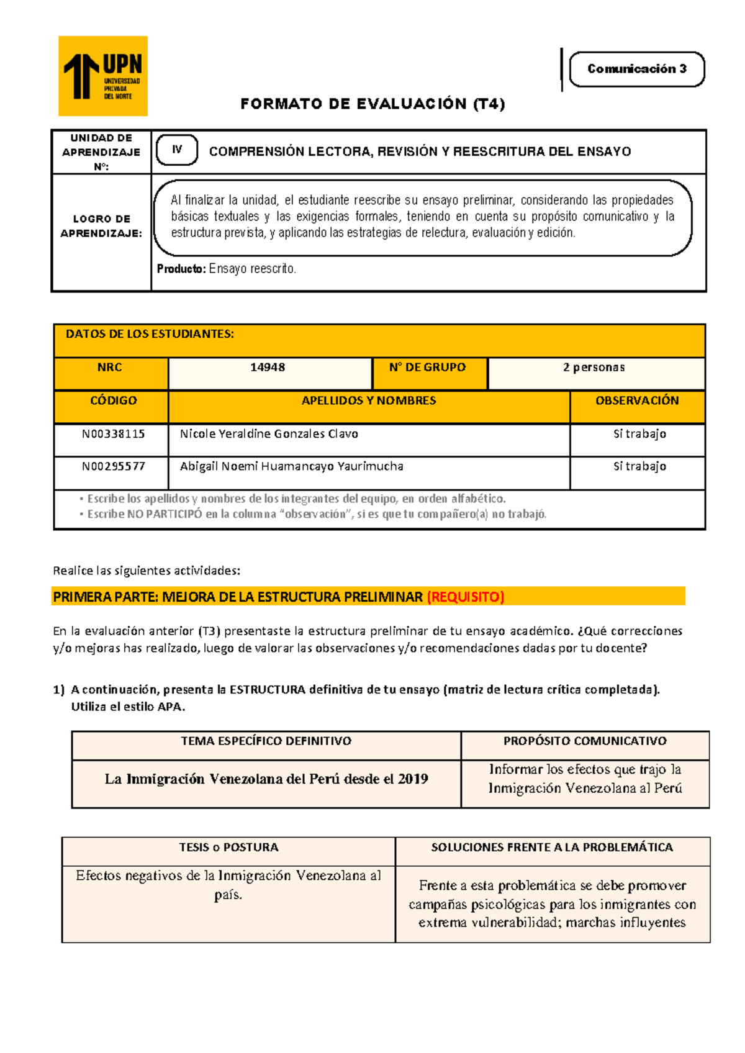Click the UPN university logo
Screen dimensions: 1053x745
(103, 76)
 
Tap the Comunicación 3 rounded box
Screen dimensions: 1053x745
(636, 69)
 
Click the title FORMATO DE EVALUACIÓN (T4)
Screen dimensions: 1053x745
(372, 104)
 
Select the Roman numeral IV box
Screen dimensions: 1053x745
(177, 150)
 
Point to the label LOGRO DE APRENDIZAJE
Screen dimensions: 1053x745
(101, 226)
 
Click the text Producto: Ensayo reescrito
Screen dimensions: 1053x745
(226, 269)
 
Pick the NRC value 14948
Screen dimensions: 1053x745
(268, 368)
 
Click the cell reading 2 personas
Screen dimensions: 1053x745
(594, 368)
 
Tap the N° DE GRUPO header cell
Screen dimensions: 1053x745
(427, 368)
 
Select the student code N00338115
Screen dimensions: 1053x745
(113, 434)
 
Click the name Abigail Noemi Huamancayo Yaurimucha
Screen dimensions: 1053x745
(291, 466)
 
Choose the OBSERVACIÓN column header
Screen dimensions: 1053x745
(637, 401)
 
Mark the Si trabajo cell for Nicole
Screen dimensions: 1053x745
(639, 434)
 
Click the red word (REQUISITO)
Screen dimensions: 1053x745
(466, 597)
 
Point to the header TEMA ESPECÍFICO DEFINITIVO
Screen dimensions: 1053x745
(266, 741)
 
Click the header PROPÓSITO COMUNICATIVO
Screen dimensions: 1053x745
(585, 741)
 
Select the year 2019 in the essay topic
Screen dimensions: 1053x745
(413, 779)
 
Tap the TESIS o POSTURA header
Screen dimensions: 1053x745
(228, 847)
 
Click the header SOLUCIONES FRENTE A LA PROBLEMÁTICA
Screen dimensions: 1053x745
(552, 847)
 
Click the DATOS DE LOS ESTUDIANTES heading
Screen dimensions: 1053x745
(150, 335)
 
